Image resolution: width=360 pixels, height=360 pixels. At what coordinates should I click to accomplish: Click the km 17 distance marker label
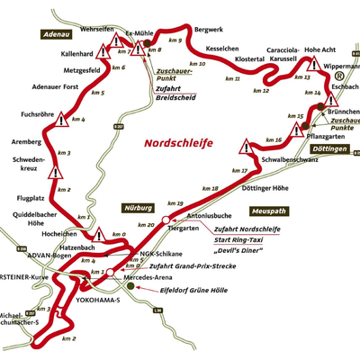(239, 171)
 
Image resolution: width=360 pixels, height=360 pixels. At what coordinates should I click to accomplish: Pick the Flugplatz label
(30, 196)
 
